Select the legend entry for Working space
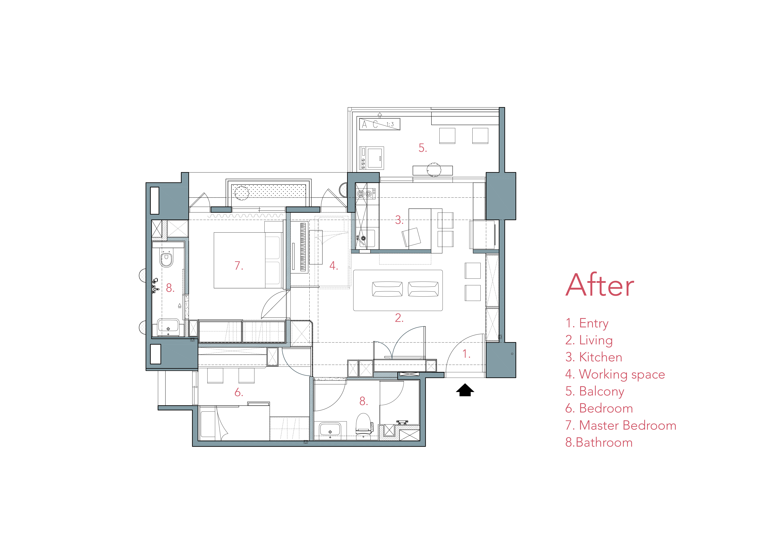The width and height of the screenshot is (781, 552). click(615, 374)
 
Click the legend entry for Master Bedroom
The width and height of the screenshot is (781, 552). click(621, 425)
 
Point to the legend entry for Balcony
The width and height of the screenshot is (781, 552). click(595, 391)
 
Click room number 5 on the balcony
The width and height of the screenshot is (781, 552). click(422, 148)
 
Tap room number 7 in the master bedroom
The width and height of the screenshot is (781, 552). click(239, 266)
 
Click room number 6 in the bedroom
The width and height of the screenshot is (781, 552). click(239, 392)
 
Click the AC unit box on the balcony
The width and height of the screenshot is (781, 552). click(380, 124)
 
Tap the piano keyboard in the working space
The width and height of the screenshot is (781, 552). click(303, 247)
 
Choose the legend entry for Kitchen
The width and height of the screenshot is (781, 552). click(594, 357)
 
